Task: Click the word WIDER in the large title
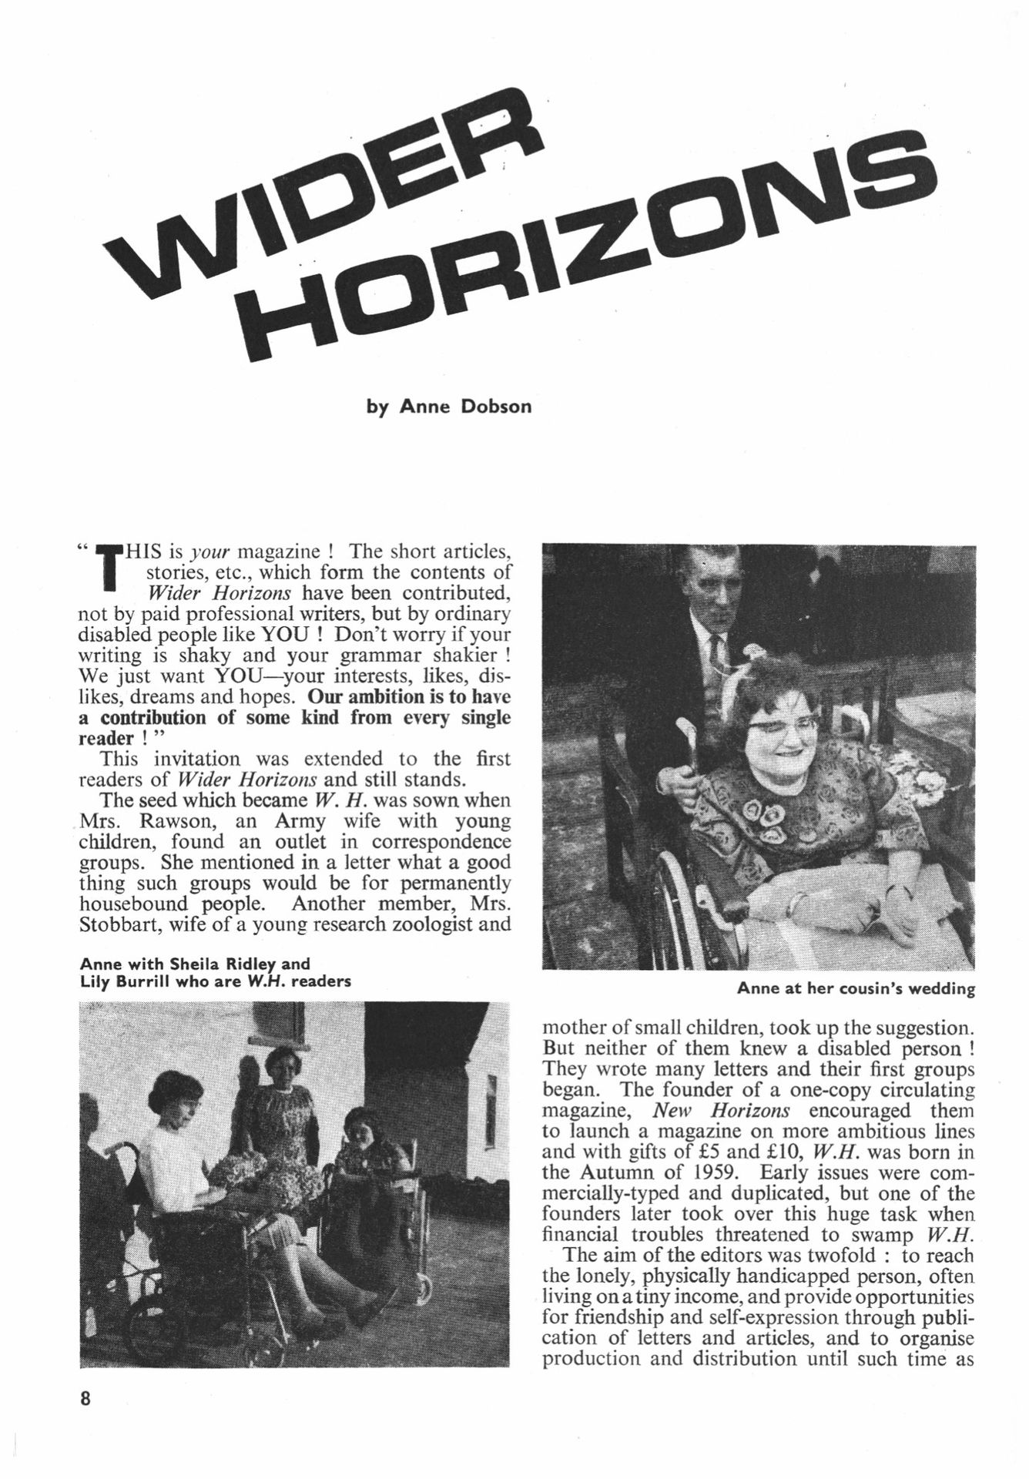323,204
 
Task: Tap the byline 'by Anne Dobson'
449,406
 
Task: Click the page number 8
85,1397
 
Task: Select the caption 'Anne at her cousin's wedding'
856,988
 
